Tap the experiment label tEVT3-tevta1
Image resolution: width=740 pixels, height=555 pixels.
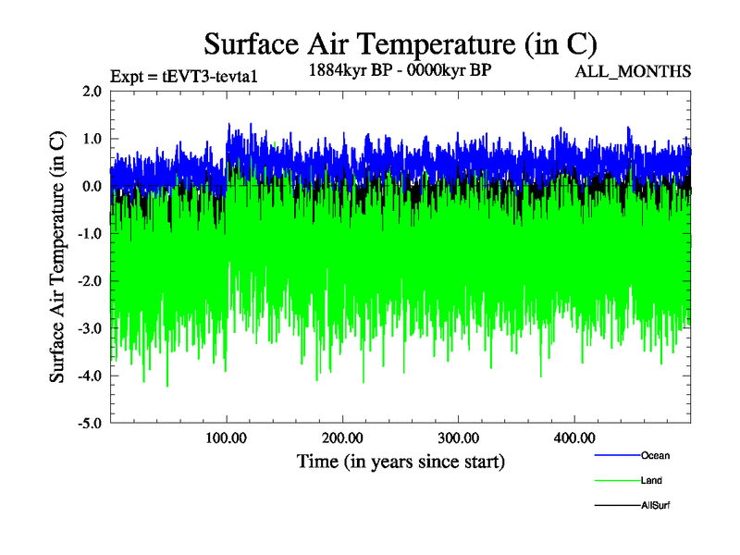pyautogui.click(x=182, y=76)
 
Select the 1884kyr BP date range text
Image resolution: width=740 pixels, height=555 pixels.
pyautogui.click(x=399, y=70)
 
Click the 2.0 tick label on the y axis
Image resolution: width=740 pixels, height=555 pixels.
pyautogui.click(x=92, y=91)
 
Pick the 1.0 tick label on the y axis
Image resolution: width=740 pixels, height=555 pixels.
pyautogui.click(x=92, y=139)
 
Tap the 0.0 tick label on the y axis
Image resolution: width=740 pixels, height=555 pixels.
pyautogui.click(x=92, y=186)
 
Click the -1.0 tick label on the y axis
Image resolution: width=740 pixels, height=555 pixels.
pyautogui.click(x=90, y=234)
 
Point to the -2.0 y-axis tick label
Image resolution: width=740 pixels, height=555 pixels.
pyautogui.click(x=90, y=281)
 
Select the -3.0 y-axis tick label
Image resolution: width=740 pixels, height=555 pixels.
pyautogui.click(x=90, y=328)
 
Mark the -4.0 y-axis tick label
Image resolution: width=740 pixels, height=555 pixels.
pyautogui.click(x=90, y=376)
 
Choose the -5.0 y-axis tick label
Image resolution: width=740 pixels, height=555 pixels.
pyautogui.click(x=90, y=424)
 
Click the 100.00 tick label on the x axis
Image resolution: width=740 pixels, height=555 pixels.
pyautogui.click(x=227, y=437)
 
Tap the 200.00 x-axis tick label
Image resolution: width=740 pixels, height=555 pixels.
pyautogui.click(x=342, y=437)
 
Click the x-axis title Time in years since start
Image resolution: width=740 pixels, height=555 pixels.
pyautogui.click(x=401, y=461)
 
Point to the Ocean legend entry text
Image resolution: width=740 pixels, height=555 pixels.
pyautogui.click(x=655, y=455)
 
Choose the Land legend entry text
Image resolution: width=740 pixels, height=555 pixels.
pyautogui.click(x=651, y=481)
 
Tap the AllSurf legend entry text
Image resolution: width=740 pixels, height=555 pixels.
pyautogui.click(x=655, y=506)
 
